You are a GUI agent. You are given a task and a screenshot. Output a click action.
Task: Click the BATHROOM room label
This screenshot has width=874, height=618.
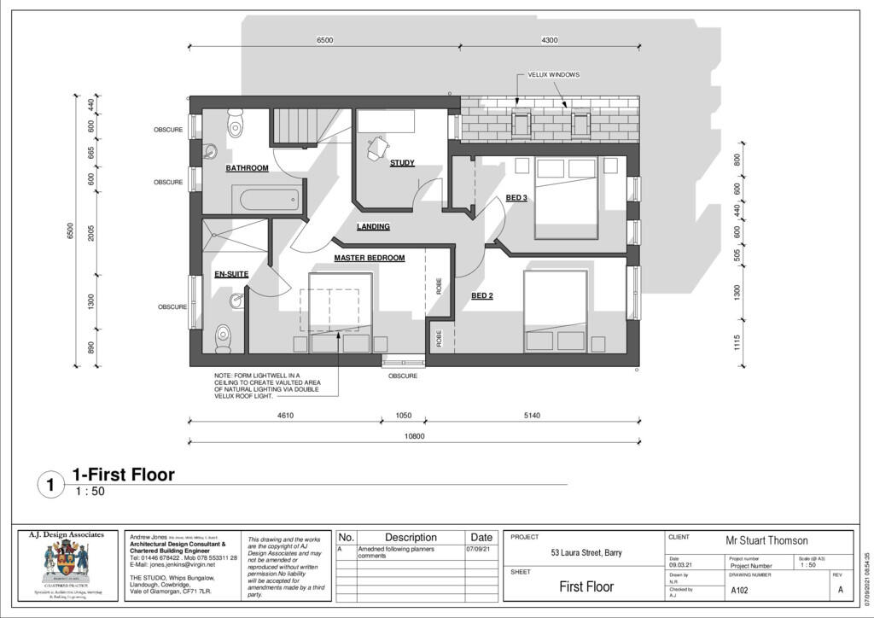tap(247, 168)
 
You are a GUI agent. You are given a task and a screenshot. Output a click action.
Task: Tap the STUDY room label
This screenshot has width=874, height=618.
tap(402, 163)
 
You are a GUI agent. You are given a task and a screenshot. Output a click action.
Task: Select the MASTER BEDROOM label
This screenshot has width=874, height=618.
tap(369, 258)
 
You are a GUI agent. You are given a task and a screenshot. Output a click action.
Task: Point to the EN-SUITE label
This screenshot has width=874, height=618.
tap(231, 274)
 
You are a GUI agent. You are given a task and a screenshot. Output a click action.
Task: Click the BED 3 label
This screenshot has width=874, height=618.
tap(516, 198)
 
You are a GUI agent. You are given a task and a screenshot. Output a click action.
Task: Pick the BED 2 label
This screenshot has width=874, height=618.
tap(482, 296)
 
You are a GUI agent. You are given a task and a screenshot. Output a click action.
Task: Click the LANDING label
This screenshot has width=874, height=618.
tap(373, 227)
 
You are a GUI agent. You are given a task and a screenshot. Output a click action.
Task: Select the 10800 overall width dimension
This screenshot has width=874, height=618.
tap(414, 436)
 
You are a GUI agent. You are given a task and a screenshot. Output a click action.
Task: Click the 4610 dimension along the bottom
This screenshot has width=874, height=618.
tap(285, 416)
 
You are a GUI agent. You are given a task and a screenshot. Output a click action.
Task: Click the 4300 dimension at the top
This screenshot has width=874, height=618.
tap(550, 41)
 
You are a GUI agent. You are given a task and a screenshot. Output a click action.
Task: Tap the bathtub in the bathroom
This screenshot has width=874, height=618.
tap(269, 201)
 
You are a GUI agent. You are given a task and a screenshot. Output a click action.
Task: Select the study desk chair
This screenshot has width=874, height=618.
tap(376, 149)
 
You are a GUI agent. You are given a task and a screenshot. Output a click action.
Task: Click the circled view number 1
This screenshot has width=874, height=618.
tap(50, 486)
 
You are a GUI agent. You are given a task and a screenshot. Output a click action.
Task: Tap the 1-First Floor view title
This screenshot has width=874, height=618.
tap(123, 475)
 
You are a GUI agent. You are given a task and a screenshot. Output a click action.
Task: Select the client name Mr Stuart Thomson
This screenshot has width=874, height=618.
tap(766, 540)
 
